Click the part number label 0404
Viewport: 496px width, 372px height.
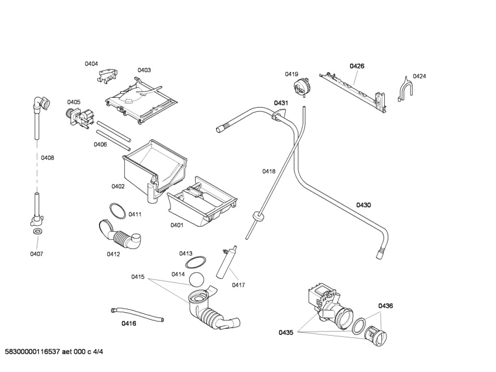91,64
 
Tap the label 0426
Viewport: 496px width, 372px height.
357,66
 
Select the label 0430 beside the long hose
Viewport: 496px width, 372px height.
364,205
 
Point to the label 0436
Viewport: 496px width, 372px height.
385,306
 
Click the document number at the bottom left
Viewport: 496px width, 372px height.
54,351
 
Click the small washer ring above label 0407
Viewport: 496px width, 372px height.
37,231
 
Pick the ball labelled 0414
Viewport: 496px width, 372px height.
196,279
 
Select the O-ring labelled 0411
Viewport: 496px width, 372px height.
118,211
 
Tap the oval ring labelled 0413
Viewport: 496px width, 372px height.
196,262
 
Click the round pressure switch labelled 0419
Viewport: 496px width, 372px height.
302,86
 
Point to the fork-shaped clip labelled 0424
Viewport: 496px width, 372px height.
404,89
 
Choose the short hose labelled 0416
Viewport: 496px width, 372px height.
137,315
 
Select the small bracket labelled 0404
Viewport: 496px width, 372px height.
108,76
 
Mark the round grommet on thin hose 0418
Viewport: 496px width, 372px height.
259,217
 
